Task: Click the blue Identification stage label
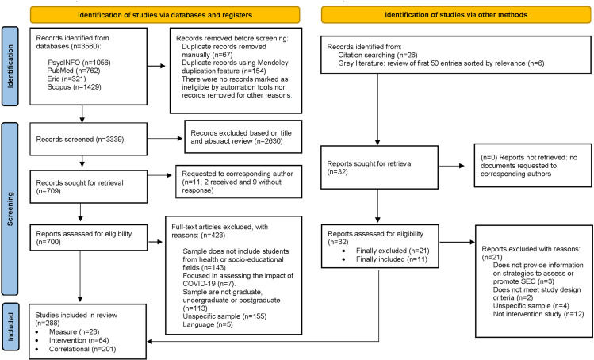click(x=10, y=67)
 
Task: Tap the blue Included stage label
click(x=10, y=327)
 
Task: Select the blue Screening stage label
click(x=10, y=209)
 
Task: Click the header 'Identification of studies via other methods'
click(x=456, y=15)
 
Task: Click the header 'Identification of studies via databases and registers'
click(x=165, y=15)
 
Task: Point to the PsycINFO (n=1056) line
click(x=79, y=63)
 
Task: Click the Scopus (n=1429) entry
click(x=75, y=87)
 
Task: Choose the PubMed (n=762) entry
click(x=74, y=71)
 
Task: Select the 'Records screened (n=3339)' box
click(x=88, y=139)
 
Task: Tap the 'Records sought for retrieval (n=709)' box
click(x=88, y=186)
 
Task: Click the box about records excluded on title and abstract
click(x=243, y=137)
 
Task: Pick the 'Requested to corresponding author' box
click(x=239, y=182)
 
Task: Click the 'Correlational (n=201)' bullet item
click(x=82, y=349)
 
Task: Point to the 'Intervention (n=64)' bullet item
click(x=79, y=340)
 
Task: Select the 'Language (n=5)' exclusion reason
click(x=208, y=324)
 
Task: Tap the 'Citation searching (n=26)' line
click(x=377, y=55)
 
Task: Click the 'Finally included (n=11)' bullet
click(x=392, y=259)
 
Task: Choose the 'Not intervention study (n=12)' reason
click(x=538, y=314)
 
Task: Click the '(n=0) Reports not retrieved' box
click(x=533, y=165)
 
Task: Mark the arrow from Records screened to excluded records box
click(x=165, y=138)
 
